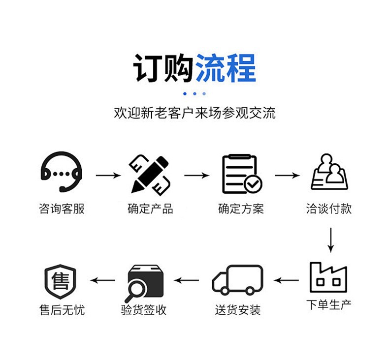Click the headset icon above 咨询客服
(61, 158)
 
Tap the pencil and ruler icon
(150, 175)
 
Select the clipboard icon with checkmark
(242, 174)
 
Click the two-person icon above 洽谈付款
(329, 172)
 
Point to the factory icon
(328, 277)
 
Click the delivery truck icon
(237, 280)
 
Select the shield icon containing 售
(60, 281)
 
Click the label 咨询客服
(62, 209)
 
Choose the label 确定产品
(150, 209)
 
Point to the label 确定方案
(241, 209)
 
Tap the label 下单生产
(329, 304)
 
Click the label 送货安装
(238, 310)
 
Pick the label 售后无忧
(62, 310)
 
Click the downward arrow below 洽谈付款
(331, 240)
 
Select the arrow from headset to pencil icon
(108, 176)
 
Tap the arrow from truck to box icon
(186, 280)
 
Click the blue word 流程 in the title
(226, 68)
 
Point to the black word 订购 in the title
(163, 68)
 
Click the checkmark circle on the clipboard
(253, 184)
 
